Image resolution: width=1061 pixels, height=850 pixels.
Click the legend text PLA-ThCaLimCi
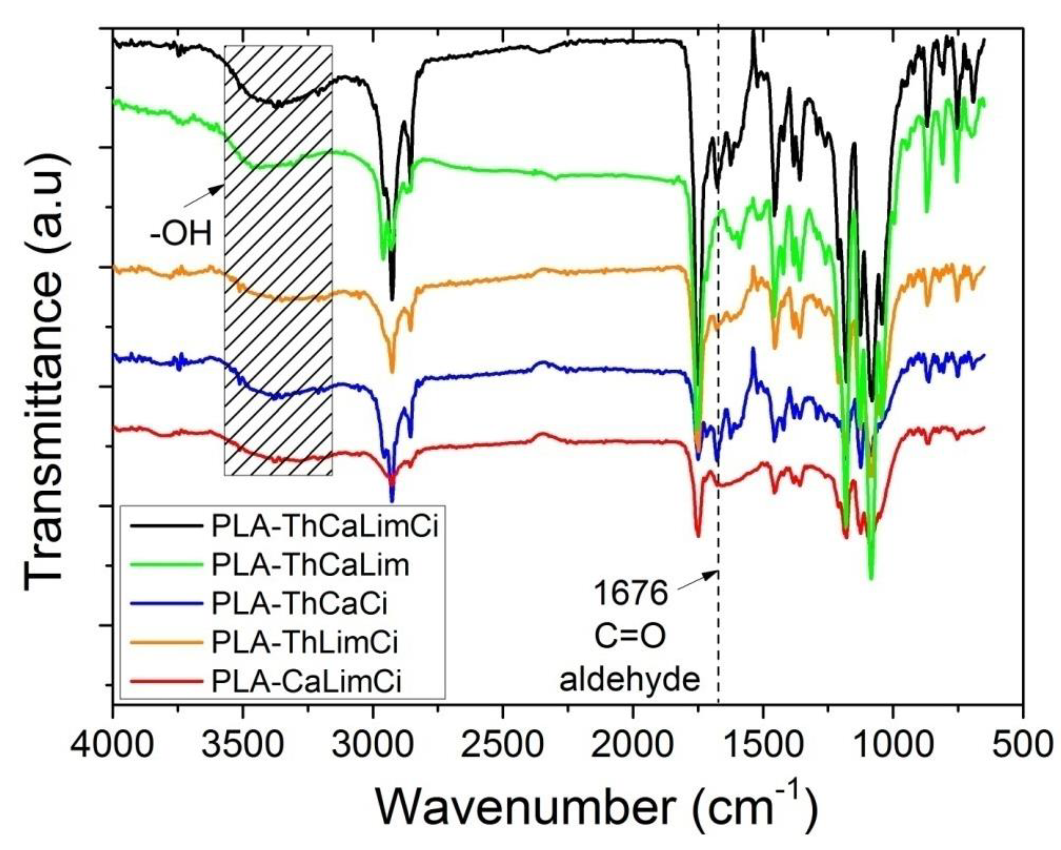point(325,527)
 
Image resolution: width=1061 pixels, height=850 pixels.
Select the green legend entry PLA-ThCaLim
point(310,566)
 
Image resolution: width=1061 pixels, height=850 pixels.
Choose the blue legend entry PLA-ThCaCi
point(299,604)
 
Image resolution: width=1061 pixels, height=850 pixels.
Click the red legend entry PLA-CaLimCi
point(306,681)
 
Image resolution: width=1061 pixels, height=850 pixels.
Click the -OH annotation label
point(181,235)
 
